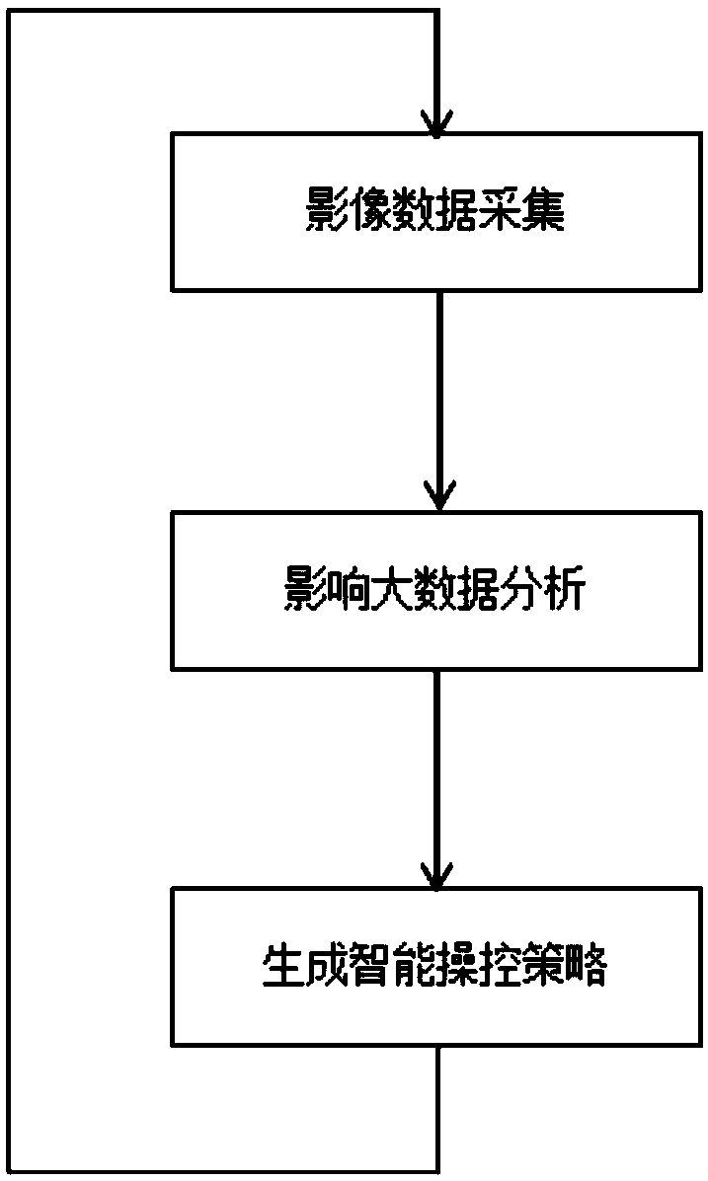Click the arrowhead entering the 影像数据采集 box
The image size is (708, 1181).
point(436,124)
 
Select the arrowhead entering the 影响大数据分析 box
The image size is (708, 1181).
point(436,498)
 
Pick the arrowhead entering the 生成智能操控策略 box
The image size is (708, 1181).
point(436,876)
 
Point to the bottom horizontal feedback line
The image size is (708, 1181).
point(221,1171)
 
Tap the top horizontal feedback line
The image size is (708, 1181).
point(221,11)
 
